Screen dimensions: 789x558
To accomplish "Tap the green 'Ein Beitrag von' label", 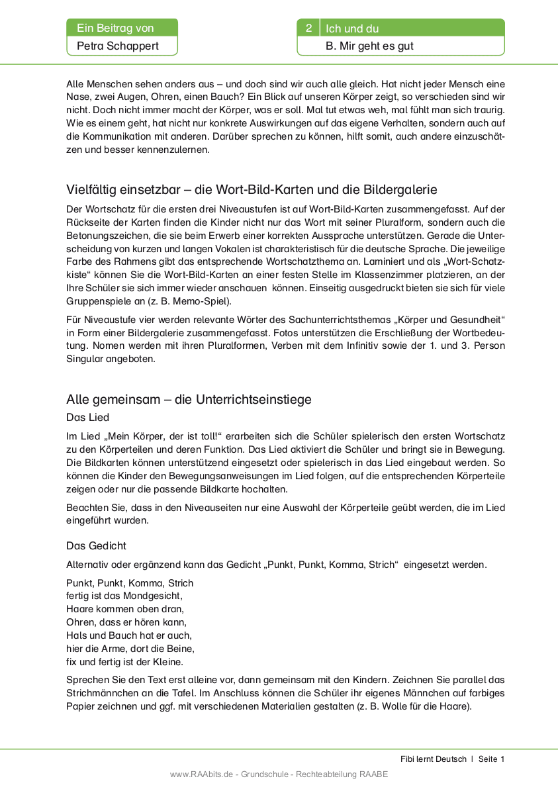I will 115,28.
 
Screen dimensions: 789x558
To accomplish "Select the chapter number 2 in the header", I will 308,28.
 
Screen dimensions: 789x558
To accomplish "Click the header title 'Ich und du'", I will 352,28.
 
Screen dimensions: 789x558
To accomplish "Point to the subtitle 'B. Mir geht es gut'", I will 370,46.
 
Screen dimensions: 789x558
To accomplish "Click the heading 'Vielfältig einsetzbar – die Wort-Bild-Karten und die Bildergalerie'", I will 252,189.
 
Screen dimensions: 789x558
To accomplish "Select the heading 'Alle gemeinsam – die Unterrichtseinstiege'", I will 189,399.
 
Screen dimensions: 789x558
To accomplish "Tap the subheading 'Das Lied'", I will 87,418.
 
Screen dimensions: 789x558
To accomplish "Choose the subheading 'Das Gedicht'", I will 96,545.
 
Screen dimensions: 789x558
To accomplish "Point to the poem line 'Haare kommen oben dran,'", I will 125,609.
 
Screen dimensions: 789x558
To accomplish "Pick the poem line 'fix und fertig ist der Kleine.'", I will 124,661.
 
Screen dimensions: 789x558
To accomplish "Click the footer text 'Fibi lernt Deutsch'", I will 433,759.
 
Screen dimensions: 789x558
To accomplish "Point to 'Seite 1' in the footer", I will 492,759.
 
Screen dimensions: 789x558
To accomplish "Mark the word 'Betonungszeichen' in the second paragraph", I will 106,235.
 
